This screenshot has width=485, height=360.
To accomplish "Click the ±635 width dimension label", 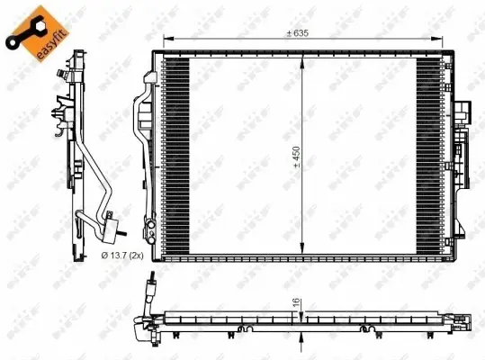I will pos(298,33).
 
